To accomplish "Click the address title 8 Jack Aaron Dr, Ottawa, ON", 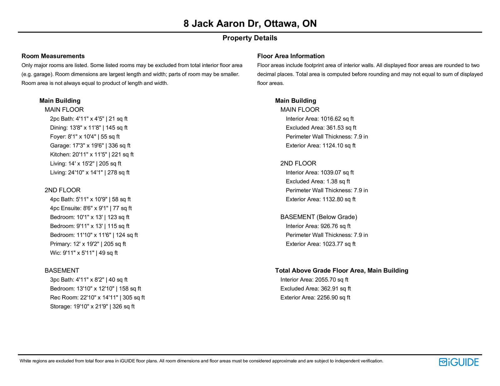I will pyautogui.click(x=250, y=23).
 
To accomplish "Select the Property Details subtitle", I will pyautogui.click(x=250, y=38).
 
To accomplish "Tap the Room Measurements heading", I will pyautogui.click(x=53, y=56).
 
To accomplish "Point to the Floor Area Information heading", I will pyautogui.click(x=291, y=56).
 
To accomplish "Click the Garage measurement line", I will pyautogui.click(x=90, y=146).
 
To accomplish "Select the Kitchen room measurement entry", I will pyautogui.click(x=92, y=155).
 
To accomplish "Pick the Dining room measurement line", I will pyautogui.click(x=88, y=128).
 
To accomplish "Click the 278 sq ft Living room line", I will pyautogui.click(x=90, y=172).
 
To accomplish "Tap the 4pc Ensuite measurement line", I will pyautogui.click(x=91, y=208).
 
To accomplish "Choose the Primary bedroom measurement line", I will pyautogui.click(x=88, y=244).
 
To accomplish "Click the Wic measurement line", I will pyautogui.click(x=84, y=253).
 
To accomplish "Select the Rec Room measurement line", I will pyautogui.click(x=97, y=298).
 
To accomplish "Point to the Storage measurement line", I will pyautogui.click(x=92, y=307).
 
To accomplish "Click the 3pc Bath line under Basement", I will pyautogui.click(x=89, y=280).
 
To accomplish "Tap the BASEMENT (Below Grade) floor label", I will pyautogui.click(x=318, y=217).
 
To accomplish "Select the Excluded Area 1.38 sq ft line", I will pyautogui.click(x=318, y=181).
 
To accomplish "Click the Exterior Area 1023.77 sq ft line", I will pyautogui.click(x=321, y=244).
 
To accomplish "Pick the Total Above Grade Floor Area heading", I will pyautogui.click(x=342, y=271).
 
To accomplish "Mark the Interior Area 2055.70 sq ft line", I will pyautogui.click(x=314, y=280).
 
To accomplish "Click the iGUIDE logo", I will pyautogui.click(x=458, y=362).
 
